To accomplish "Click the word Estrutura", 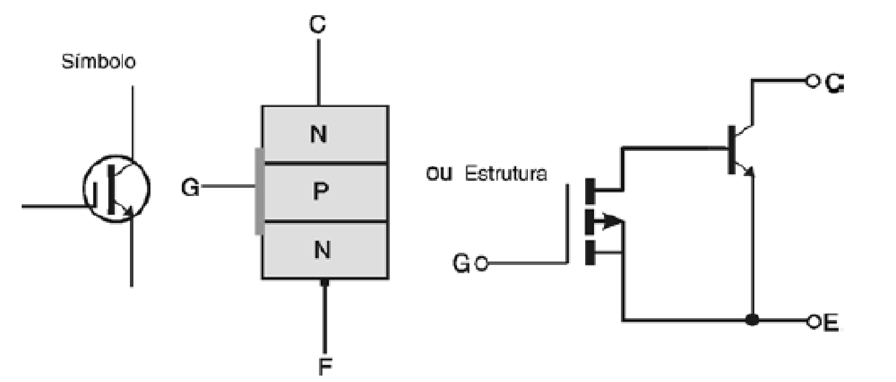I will [506, 174].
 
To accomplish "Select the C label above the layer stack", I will [318, 25].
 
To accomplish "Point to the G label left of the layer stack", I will [190, 188].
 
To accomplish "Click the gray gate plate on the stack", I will [258, 191].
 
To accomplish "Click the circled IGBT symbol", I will [117, 188].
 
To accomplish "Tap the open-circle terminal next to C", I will [812, 82].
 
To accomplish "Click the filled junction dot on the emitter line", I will [753, 321].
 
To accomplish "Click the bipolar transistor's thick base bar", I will [732, 149].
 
